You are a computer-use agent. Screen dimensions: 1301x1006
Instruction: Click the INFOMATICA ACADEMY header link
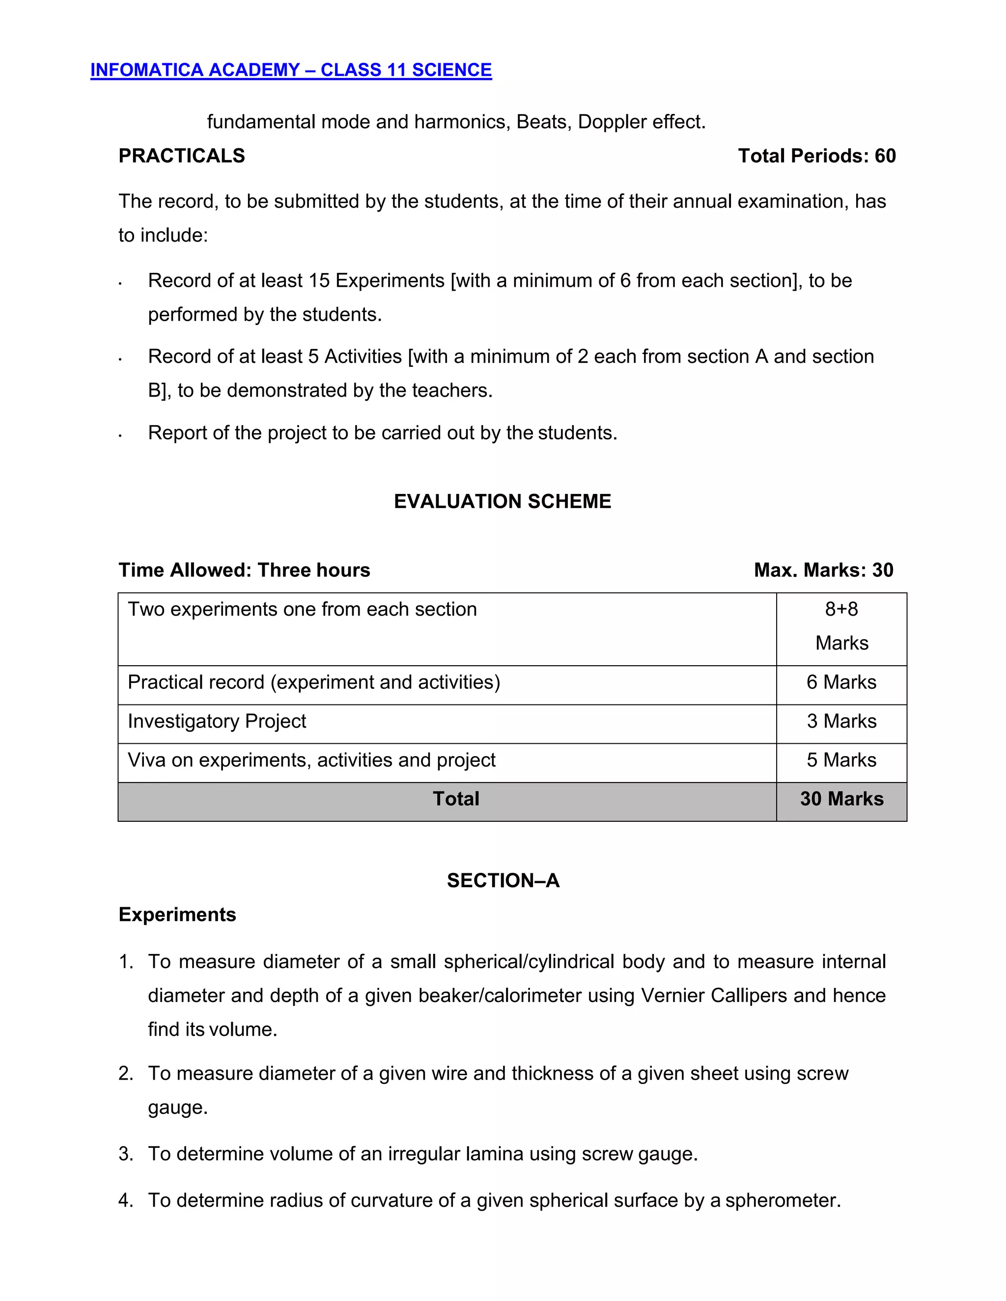[x=291, y=70]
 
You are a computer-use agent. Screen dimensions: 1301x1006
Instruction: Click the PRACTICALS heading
[x=182, y=156]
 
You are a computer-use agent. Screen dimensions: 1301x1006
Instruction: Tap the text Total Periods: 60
[x=816, y=156]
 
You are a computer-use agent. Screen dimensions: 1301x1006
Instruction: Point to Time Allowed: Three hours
[x=244, y=570]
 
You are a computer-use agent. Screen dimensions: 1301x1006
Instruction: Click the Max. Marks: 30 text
[x=823, y=570]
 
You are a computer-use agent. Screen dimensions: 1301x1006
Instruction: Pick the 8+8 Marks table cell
[x=841, y=626]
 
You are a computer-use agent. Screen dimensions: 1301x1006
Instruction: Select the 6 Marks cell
[x=841, y=682]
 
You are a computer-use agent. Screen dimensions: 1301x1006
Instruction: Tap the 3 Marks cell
[x=841, y=721]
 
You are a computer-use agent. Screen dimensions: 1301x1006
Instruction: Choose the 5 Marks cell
[x=841, y=760]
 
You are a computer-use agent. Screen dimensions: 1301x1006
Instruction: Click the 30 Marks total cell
[x=841, y=799]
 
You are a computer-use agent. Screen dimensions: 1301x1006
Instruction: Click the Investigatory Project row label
[x=217, y=721]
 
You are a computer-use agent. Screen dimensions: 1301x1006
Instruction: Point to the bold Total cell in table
[x=455, y=799]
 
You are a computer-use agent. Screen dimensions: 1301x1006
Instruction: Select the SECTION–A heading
[x=503, y=880]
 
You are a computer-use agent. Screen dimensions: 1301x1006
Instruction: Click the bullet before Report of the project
[x=120, y=435]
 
